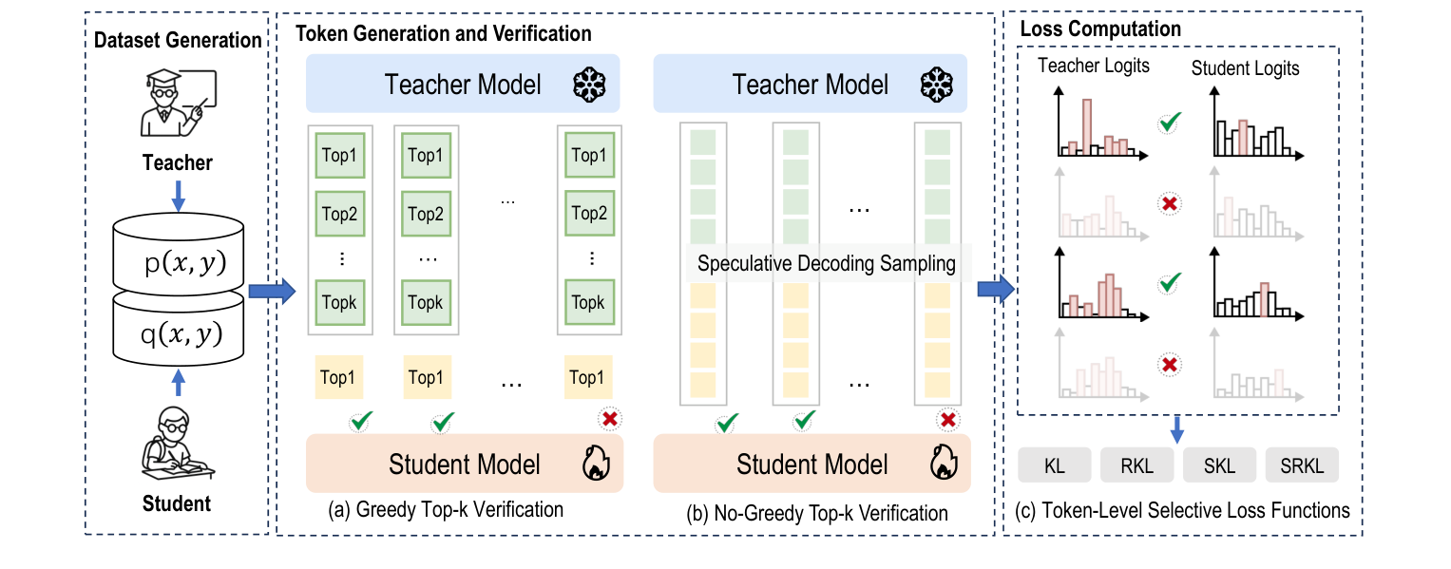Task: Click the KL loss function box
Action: tap(1054, 465)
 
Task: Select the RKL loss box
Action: tap(1136, 465)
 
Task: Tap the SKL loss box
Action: tap(1219, 465)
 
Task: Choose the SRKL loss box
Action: tap(1302, 465)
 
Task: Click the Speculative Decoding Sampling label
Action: tap(826, 264)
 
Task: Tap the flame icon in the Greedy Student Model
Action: tap(592, 464)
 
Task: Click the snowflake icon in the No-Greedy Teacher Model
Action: tap(936, 85)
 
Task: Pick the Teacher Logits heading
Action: tap(1093, 66)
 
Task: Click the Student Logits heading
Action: tap(1245, 67)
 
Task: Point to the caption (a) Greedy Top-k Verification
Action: tap(446, 510)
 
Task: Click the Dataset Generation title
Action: tap(177, 40)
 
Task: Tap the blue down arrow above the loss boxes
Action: tap(1177, 428)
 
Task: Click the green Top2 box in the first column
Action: tap(338, 214)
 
